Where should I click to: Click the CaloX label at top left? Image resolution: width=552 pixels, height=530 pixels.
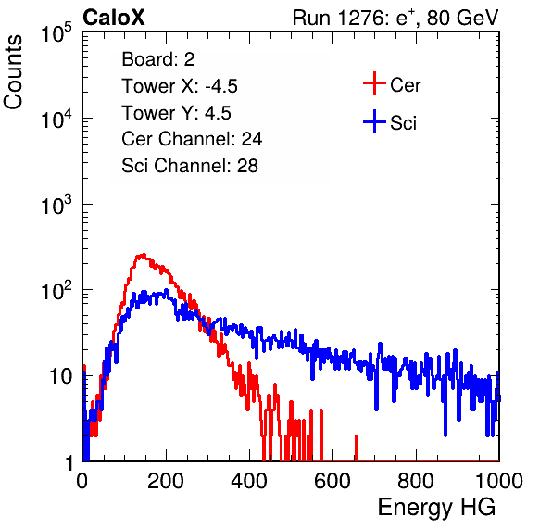(x=114, y=18)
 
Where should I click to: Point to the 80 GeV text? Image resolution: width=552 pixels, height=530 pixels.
(x=462, y=18)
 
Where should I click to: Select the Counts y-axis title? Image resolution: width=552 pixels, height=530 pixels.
(x=13, y=72)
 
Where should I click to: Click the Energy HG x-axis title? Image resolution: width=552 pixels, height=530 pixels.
(x=436, y=508)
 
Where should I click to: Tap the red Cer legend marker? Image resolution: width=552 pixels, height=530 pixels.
(x=374, y=83)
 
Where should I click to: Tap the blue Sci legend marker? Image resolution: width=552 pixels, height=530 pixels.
(x=374, y=122)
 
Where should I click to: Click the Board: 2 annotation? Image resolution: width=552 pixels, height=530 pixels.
(x=158, y=59)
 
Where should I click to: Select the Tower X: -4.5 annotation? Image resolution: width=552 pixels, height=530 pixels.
(x=180, y=86)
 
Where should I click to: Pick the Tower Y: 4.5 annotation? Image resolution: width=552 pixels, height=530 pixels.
(x=176, y=113)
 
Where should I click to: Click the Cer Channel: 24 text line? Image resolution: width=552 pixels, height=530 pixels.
(x=192, y=139)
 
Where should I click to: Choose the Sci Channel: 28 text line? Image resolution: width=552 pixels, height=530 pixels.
(x=190, y=166)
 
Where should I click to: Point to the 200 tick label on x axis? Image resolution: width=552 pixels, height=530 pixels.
(x=166, y=481)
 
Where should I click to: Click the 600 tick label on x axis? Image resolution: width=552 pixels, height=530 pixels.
(x=332, y=481)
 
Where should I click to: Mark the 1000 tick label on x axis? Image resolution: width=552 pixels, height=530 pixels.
(x=499, y=481)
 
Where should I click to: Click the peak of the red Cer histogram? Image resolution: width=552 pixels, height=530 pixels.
(x=143, y=255)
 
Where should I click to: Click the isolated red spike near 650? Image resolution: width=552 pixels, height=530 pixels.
(x=357, y=448)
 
